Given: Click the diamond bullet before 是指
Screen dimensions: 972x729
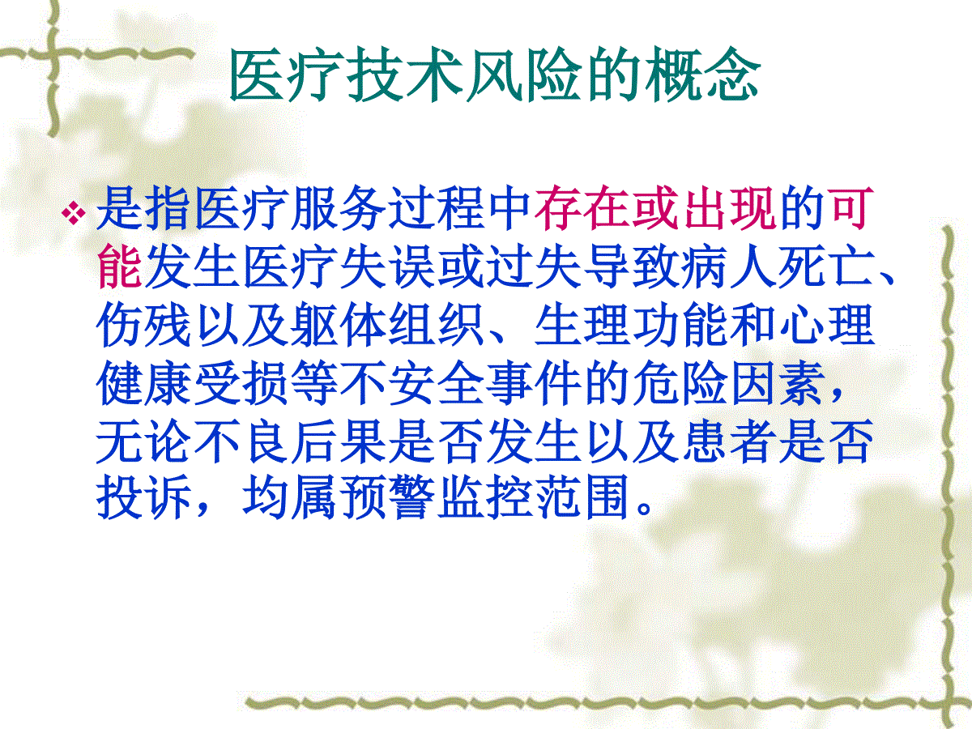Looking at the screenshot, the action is point(74,213).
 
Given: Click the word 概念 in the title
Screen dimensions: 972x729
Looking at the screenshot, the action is point(702,74).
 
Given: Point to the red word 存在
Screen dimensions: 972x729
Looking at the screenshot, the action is point(582,208).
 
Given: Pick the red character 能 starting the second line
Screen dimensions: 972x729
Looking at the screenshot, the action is point(120,266).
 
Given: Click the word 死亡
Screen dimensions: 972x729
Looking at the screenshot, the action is point(826,266).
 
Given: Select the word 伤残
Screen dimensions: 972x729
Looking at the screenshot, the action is point(143,325).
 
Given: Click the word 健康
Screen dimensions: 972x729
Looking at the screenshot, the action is point(143,382).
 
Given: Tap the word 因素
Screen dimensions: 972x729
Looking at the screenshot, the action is point(778,382).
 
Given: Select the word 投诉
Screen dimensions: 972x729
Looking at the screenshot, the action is point(143,497).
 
